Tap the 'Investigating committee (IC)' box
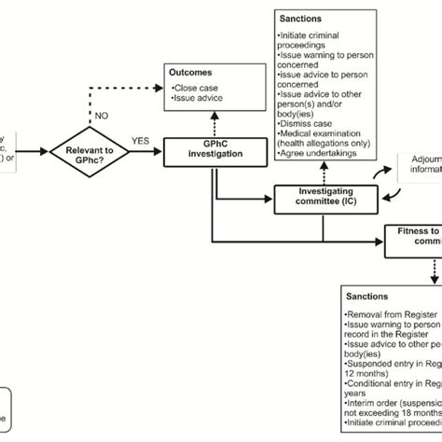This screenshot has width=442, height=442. (326, 197)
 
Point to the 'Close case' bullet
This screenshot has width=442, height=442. (197, 86)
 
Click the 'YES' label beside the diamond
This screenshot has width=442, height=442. (141, 141)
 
